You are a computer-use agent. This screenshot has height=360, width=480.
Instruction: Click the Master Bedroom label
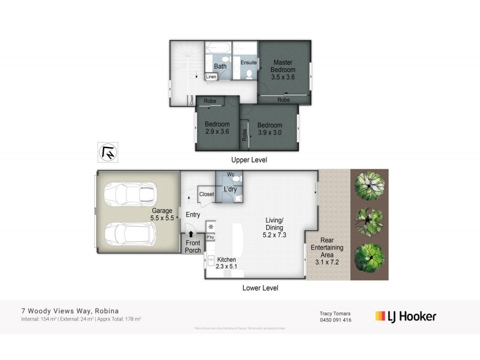[x=283, y=70]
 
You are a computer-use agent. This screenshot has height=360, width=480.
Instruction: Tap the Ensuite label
[x=248, y=62]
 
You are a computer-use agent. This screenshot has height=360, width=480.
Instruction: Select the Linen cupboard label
[x=211, y=77]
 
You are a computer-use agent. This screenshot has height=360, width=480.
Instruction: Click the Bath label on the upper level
[x=220, y=66]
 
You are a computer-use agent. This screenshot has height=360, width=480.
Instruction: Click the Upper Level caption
[x=249, y=160]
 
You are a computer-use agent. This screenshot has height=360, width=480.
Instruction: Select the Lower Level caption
[x=260, y=288]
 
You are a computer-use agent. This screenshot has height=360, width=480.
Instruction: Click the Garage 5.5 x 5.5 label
[x=162, y=215]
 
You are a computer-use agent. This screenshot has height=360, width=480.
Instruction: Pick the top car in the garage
[x=130, y=193]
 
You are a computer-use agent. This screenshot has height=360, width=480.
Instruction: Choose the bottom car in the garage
[x=130, y=235]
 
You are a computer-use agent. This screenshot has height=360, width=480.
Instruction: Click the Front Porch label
[x=193, y=247]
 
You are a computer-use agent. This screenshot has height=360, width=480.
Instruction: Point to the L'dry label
[x=230, y=190]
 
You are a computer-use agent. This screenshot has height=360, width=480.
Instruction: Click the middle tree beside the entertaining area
[x=368, y=221]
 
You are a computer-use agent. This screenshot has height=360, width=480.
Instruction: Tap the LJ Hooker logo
[x=406, y=316]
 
